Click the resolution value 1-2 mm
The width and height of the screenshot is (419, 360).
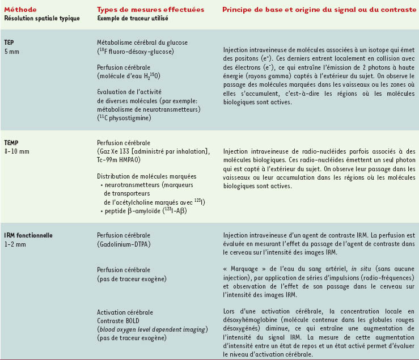15,244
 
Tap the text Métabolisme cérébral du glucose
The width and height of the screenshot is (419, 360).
142,43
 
